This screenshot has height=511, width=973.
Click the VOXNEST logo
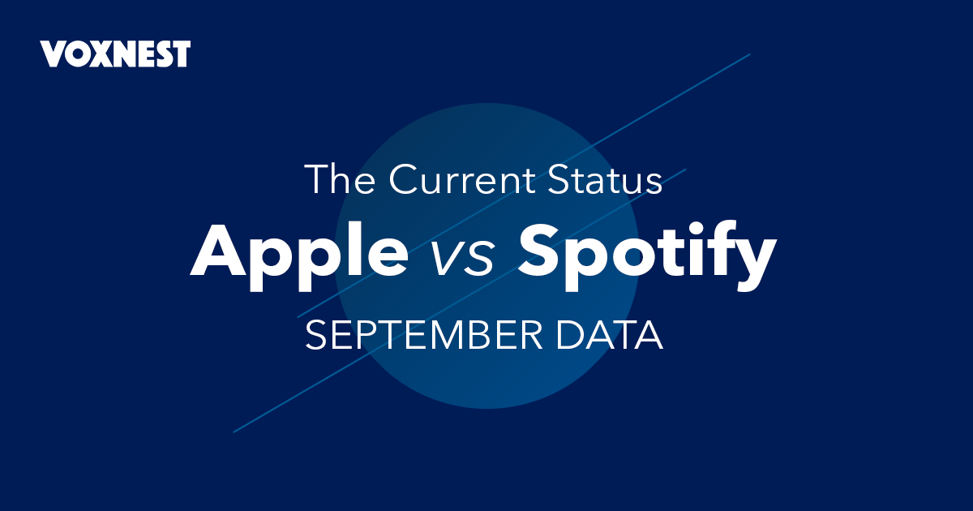(x=115, y=54)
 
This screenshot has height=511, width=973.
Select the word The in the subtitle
(x=340, y=179)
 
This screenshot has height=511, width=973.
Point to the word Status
(x=605, y=179)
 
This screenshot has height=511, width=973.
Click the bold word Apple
(x=299, y=255)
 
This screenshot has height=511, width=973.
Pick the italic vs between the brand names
(x=463, y=260)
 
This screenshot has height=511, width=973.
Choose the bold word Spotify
(x=647, y=255)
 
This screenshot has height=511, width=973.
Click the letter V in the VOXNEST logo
(x=54, y=54)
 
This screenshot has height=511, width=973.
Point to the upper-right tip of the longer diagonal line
(x=750, y=54)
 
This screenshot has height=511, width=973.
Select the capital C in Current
(x=404, y=179)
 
